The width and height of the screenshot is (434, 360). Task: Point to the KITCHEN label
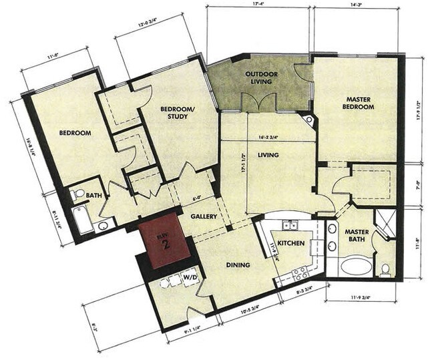click(x=291, y=242)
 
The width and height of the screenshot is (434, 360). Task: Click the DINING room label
click(x=237, y=265)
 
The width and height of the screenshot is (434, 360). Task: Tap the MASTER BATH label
click(x=357, y=236)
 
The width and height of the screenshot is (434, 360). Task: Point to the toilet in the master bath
click(x=385, y=268)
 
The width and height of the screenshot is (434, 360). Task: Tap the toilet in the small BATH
click(x=78, y=194)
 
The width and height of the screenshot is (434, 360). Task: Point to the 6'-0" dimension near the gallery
click(x=196, y=198)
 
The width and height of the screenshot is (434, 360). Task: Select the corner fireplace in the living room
click(x=308, y=121)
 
